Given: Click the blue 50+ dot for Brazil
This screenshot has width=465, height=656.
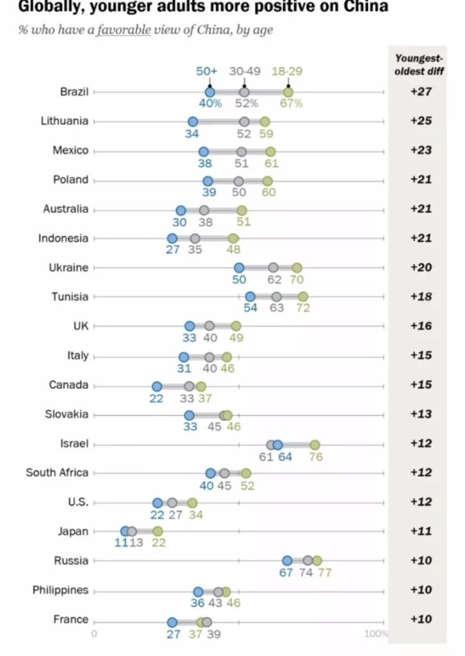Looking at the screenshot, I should [210, 92].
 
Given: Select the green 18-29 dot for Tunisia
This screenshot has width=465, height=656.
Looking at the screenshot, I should [303, 297].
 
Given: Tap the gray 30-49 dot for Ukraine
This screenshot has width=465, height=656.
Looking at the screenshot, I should [273, 267].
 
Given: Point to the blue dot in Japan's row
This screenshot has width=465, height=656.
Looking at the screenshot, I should [126, 531].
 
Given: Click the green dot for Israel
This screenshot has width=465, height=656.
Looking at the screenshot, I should [314, 445].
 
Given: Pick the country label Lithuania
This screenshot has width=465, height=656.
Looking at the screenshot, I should [65, 121].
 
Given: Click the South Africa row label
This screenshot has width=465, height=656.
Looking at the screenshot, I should [57, 473].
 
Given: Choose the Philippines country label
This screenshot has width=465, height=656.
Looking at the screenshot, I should [60, 590].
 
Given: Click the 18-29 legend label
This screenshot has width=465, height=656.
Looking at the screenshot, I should [288, 71].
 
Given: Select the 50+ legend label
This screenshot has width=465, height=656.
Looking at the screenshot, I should [209, 71].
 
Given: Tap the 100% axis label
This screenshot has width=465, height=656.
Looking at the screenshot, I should [376, 634].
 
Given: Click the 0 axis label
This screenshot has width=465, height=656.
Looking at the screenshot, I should [94, 634].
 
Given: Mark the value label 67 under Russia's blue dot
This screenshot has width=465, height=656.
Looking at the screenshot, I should [286, 573].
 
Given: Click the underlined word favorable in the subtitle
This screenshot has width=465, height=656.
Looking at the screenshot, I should [124, 30].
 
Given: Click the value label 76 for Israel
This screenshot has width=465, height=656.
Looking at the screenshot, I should [316, 457].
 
